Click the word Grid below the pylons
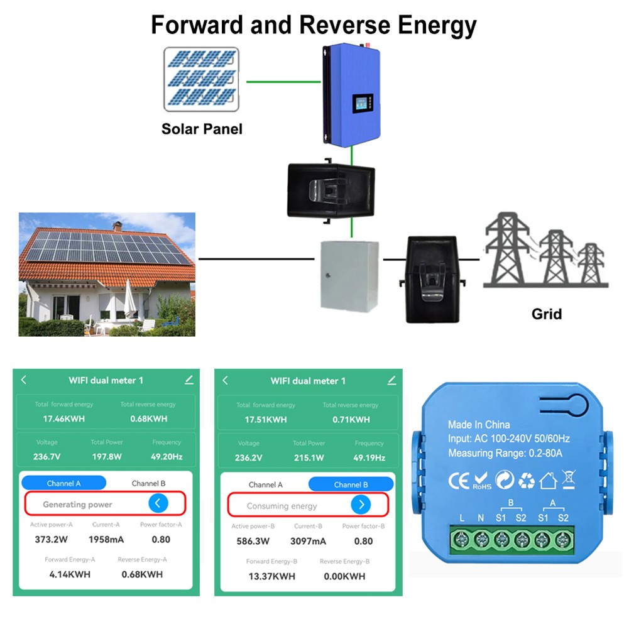(546, 314)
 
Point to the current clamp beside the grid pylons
(432, 278)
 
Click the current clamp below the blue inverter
(331, 190)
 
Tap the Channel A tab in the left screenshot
(64, 483)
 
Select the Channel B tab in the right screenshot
(351, 484)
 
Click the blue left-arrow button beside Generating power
(158, 503)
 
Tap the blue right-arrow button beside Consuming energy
(361, 505)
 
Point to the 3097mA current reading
(308, 541)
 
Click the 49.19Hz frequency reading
(369, 458)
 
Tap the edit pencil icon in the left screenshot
(189, 380)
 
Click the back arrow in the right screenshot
(226, 380)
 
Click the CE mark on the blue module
(458, 481)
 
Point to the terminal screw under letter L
(462, 539)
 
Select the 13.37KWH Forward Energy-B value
(271, 576)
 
